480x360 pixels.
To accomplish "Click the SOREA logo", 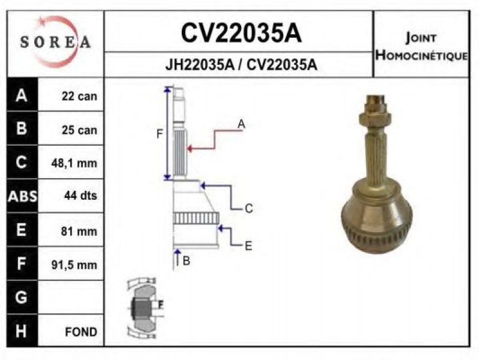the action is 55,41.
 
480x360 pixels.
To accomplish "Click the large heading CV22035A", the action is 241,33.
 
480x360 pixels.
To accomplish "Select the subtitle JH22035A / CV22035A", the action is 241,65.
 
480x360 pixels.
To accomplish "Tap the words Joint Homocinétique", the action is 421,47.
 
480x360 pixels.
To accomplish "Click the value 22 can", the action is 79,96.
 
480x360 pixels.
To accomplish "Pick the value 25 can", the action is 79,130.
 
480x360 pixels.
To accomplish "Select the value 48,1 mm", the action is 74,163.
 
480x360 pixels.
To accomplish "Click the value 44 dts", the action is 80,196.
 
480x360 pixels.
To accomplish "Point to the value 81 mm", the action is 79,231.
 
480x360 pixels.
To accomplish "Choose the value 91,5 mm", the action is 74,265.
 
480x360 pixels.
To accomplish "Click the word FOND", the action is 81,332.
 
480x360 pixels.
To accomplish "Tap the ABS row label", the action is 22,196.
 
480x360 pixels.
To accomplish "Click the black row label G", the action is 21,297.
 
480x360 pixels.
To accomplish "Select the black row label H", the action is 21,331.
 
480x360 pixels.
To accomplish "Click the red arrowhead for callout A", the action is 190,149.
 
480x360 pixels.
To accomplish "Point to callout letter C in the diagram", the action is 249,208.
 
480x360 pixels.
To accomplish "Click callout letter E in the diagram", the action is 248,246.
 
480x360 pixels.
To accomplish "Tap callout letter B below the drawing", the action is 186,261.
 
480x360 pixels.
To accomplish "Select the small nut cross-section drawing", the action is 145,308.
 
